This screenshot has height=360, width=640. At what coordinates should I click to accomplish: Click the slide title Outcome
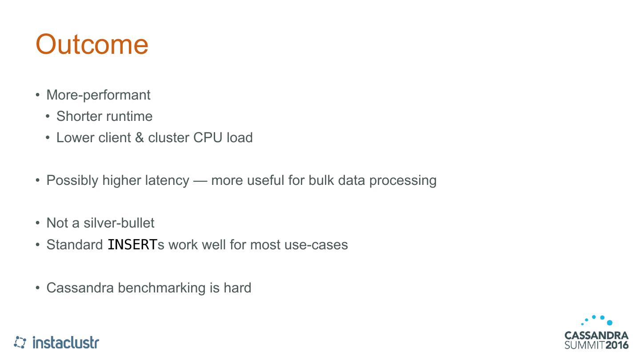92,44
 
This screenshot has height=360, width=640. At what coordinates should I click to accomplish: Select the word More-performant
98,95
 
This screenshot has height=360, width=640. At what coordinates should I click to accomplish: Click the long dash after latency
200,180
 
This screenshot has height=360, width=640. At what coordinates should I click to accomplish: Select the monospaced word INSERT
132,244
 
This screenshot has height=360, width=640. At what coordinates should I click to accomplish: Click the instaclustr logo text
66,342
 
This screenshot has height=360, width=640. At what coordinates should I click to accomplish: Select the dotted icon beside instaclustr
20,342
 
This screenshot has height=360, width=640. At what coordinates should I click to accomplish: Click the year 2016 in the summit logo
617,345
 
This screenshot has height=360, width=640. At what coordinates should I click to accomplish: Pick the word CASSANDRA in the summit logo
596,335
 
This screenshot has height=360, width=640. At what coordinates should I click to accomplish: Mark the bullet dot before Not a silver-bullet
38,223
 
